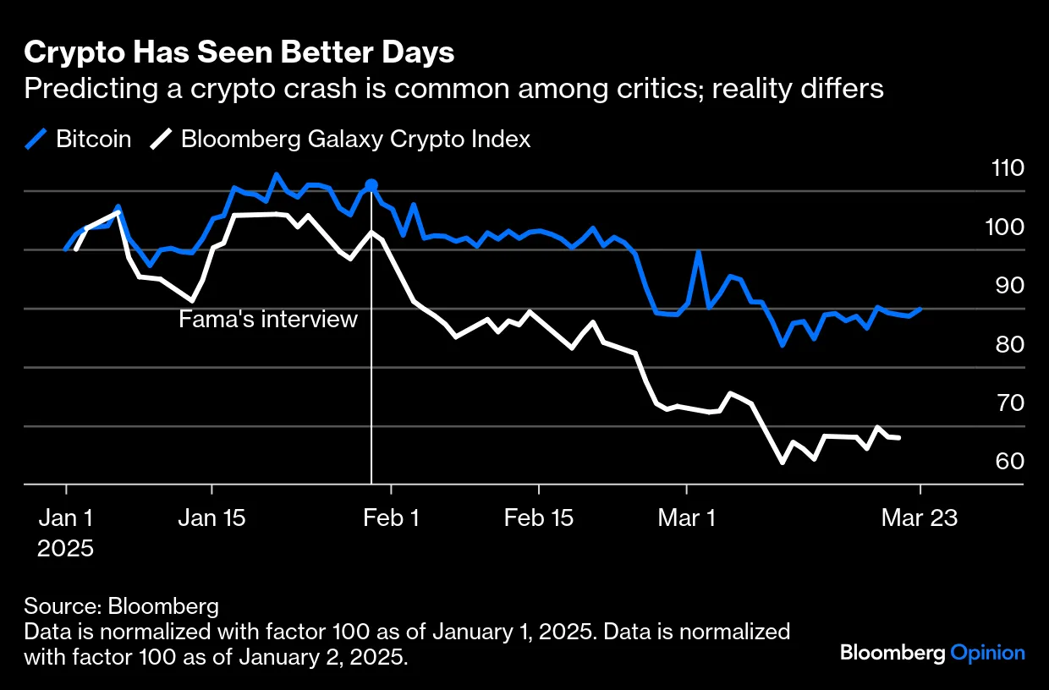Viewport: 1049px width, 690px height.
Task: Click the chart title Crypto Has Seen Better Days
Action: [x=239, y=52]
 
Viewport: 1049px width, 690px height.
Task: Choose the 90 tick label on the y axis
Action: [x=1008, y=286]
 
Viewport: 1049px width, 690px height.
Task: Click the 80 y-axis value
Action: [x=1008, y=345]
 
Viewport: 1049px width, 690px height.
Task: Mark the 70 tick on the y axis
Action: [x=1008, y=403]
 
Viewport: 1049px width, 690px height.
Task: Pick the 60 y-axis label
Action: [x=1008, y=463]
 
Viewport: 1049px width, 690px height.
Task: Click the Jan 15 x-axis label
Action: [x=211, y=517]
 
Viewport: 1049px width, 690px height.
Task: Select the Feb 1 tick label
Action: [x=390, y=517]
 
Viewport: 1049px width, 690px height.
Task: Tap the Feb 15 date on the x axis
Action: [x=538, y=517]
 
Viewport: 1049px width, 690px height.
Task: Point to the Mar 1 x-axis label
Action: [x=686, y=517]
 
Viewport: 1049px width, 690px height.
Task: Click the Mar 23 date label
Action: [x=920, y=517]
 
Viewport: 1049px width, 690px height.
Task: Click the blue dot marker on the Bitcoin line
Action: [x=371, y=185]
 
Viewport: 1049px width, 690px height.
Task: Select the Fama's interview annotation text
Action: [x=268, y=320]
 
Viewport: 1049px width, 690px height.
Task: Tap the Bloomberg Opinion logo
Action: [x=932, y=653]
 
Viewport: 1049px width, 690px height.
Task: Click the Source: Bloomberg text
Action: [x=121, y=606]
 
